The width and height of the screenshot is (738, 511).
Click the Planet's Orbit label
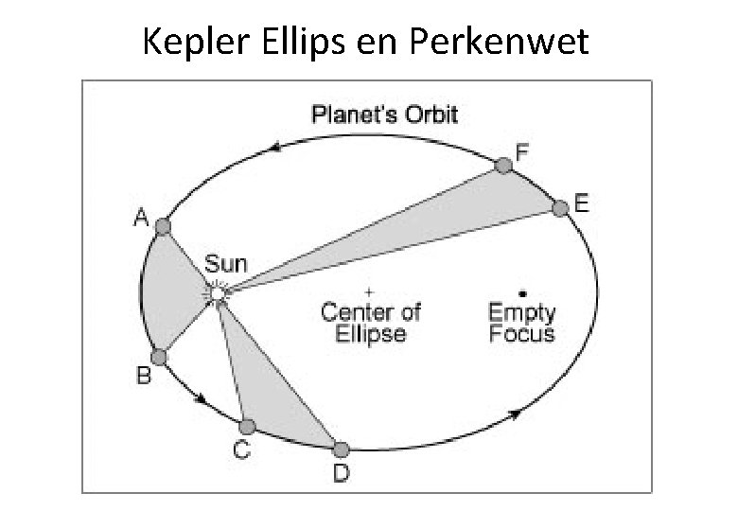coord(385,115)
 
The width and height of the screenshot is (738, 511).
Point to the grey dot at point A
coord(163,226)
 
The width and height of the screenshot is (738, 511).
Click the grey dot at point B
coord(159,357)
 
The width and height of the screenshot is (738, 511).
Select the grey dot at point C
coord(247,427)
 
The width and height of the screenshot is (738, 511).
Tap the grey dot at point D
coord(341,449)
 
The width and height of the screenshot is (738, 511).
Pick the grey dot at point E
coord(560,207)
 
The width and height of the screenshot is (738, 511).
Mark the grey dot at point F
coord(504,166)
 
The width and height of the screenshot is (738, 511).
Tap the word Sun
coord(223,263)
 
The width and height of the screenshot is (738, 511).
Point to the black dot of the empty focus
coord(522,292)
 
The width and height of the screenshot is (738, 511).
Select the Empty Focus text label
coord(521,322)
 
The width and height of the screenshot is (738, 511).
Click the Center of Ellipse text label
coord(370,322)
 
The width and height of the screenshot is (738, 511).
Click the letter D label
coord(340,471)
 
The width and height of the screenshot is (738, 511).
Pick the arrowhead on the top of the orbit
coord(275,147)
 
